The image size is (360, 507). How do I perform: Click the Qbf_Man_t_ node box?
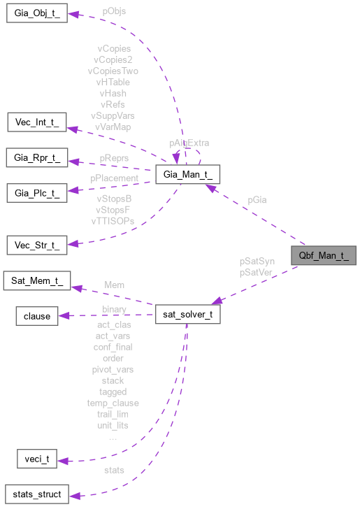[x=324, y=256]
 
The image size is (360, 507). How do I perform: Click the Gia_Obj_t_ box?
[x=37, y=13]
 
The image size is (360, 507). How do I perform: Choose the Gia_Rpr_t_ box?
[x=36, y=158]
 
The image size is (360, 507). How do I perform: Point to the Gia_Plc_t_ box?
[x=36, y=192]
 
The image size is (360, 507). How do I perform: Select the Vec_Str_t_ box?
[x=36, y=245]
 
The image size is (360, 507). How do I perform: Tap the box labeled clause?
[x=37, y=316]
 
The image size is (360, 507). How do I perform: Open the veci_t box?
[x=36, y=459]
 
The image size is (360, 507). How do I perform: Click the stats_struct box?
[x=36, y=494]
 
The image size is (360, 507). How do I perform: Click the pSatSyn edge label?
[x=257, y=261]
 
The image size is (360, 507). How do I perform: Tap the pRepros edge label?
[x=113, y=158]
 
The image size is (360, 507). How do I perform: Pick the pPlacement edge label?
[x=115, y=178]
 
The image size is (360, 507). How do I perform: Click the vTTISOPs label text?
[x=113, y=220]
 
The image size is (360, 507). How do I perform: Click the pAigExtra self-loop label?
[x=189, y=142]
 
